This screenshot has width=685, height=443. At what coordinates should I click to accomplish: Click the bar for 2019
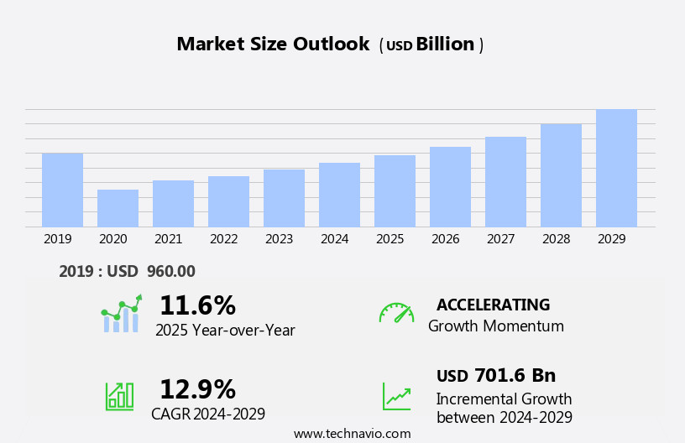pos(62,190)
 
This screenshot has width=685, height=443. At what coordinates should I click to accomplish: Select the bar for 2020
pos(118,208)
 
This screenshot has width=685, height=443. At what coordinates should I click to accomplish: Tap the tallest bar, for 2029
pos(616,168)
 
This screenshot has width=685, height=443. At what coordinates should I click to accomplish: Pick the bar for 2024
pos(339,195)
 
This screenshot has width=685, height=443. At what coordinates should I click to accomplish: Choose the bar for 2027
pos(505,181)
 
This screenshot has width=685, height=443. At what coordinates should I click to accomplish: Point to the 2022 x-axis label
pos(223,239)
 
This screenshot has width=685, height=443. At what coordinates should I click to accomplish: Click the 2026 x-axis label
pos(445,239)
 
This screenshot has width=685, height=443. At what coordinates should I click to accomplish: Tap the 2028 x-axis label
pos(556,239)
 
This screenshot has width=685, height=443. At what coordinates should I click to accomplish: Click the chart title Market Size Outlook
pos(273,44)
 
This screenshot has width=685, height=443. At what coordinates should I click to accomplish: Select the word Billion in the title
pos(445,44)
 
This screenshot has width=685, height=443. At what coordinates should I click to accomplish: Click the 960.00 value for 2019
pos(170,271)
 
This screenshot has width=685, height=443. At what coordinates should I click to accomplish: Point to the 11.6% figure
pos(197,305)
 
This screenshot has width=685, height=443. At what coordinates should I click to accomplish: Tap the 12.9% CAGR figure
pos(197,389)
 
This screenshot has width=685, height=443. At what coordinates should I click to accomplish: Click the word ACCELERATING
pos(493,305)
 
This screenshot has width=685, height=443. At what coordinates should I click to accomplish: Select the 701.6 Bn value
pos(515,375)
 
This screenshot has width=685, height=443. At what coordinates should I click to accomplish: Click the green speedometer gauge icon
pos(396,313)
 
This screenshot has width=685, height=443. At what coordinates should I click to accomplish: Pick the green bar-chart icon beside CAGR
pos(119,395)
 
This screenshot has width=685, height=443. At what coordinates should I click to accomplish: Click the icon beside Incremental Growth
pos(396,396)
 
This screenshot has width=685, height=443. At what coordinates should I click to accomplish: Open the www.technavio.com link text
pos(352,434)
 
